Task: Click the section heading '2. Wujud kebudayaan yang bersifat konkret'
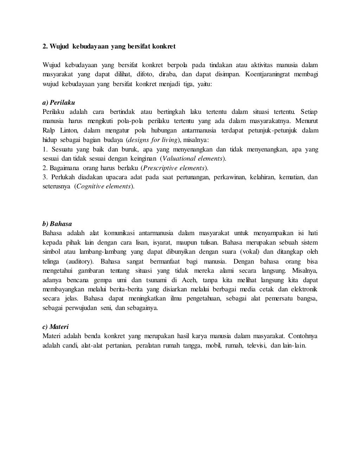pyautogui.click(x=109, y=46)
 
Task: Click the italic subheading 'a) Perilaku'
pyautogui.click(x=59, y=103)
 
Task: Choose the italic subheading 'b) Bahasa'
pyautogui.click(x=57, y=224)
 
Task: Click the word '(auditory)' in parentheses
pyautogui.click(x=79, y=261)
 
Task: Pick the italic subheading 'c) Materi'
pyautogui.click(x=56, y=326)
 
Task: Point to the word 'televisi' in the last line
pyautogui.click(x=257, y=345)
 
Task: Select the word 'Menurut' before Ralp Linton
pyautogui.click(x=307, y=121)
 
